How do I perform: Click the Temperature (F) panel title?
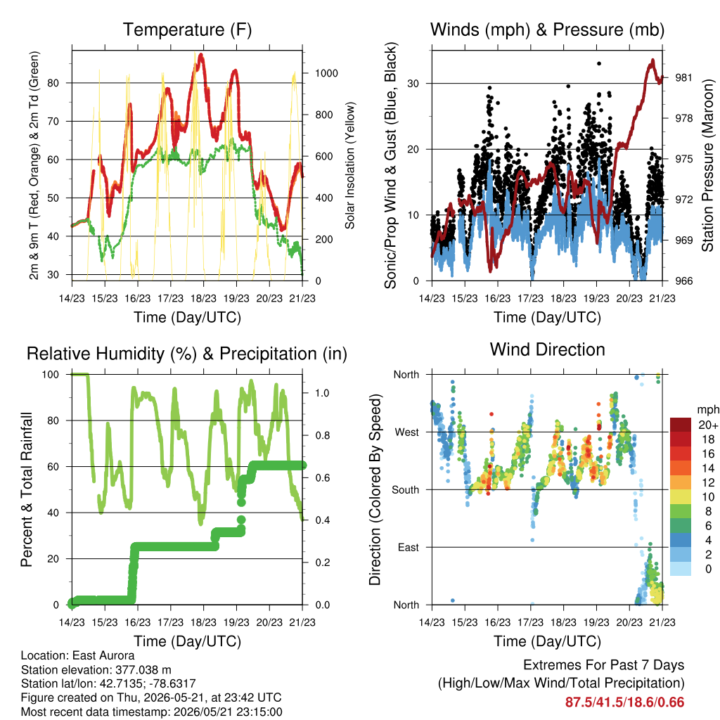187,30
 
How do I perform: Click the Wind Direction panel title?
547,349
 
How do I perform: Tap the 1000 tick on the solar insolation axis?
326,73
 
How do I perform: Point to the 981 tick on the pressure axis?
683,77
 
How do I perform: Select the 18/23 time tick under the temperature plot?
203,298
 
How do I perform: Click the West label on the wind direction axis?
407,432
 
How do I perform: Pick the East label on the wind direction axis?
409,547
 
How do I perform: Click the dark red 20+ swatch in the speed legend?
681,425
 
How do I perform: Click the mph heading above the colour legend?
708,410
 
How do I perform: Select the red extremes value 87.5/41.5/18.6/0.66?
624,702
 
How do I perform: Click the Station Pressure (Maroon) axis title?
707,165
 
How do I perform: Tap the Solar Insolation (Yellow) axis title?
350,165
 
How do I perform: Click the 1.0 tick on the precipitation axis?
322,393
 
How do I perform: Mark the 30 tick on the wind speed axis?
413,84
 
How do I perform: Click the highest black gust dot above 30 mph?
599,63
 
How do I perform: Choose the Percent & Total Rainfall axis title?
27,489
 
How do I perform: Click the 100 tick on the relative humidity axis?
51,375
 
